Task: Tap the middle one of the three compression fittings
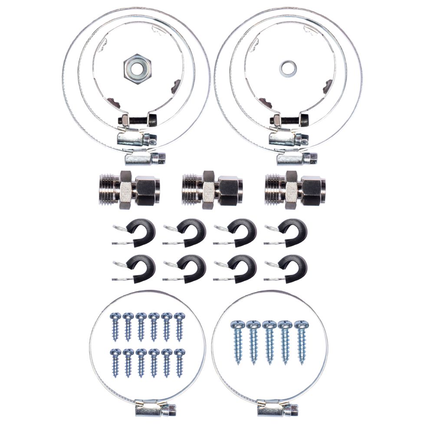click(210, 189)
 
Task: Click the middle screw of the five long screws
click(269, 341)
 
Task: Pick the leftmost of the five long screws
click(237, 341)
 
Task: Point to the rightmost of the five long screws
click(299, 341)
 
